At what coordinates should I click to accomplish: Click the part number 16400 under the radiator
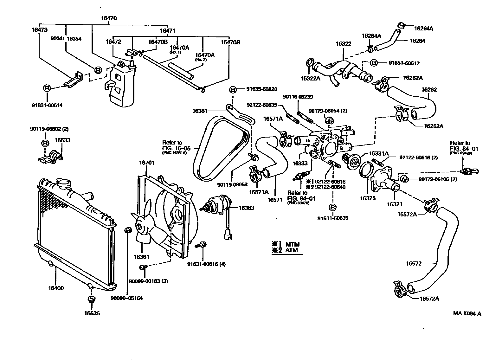coord(56,288)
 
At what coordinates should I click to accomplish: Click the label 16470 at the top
coord(109,18)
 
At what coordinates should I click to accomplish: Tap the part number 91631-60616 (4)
coord(206,264)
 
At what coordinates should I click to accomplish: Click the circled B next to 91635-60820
coord(233,90)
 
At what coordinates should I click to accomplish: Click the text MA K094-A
coord(467,314)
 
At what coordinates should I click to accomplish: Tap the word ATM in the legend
coord(292,250)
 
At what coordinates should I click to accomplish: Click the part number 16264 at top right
coord(417,41)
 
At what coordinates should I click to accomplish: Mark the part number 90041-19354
coord(66,38)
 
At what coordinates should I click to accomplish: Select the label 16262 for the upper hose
coord(429,90)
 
